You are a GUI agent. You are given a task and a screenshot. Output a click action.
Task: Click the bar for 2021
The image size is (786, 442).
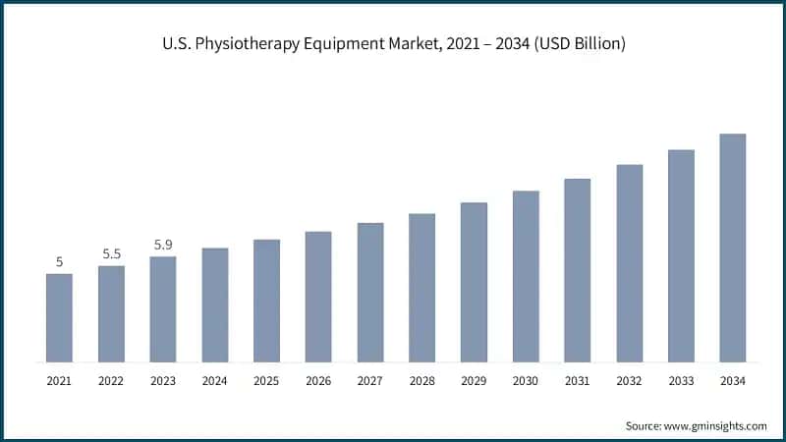59,317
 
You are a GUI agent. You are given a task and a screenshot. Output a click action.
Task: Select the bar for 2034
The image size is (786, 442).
733,248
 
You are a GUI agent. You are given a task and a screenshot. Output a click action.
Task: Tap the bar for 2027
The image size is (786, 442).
370,292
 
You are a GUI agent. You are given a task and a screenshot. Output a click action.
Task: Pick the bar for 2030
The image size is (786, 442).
526,276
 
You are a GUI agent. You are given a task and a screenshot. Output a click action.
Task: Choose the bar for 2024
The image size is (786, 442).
214,304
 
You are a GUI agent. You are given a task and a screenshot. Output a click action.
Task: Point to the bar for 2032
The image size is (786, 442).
629,263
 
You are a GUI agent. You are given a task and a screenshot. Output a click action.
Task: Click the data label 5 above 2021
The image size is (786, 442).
59,262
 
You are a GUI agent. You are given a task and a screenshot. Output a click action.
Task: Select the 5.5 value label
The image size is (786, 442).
111,254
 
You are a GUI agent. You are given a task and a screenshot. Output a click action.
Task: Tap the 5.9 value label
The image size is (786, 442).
163,246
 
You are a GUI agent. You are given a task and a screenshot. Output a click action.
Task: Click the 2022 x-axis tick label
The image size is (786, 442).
111,379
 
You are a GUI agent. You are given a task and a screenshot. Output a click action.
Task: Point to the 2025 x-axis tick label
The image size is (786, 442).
266,379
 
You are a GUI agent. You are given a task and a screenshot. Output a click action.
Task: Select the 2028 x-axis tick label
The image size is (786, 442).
421,379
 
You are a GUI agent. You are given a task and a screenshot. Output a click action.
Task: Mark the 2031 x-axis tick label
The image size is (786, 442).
578,379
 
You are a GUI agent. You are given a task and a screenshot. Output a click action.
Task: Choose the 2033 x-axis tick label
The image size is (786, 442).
681,379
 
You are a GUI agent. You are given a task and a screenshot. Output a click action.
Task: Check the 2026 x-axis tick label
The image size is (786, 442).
318,379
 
